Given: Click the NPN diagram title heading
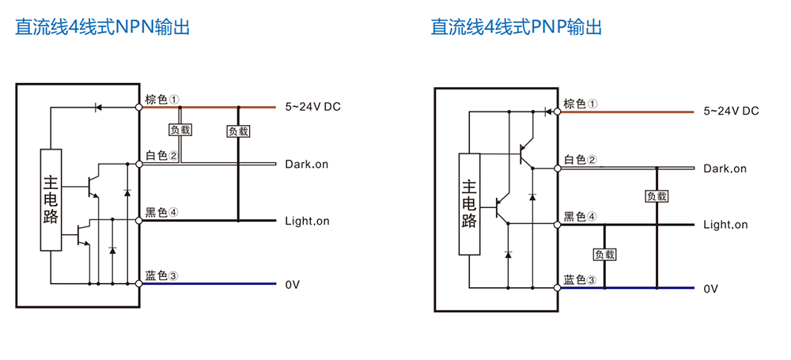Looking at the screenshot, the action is click(102, 27).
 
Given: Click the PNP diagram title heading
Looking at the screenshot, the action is click(516, 27).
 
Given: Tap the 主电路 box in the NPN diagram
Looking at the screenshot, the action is click(51, 200).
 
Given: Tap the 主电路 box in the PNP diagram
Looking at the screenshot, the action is click(469, 204).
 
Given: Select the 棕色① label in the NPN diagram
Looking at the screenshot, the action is click(162, 100).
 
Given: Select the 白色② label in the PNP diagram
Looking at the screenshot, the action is click(580, 160).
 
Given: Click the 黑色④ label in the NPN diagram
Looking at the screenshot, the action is click(162, 213).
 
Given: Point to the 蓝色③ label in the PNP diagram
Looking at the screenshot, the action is click(580, 280).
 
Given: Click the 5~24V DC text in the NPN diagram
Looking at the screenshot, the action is click(312, 107).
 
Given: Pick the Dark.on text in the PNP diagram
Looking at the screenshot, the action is click(725, 169).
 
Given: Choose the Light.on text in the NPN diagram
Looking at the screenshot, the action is click(307, 222).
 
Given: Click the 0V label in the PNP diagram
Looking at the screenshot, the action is click(711, 289).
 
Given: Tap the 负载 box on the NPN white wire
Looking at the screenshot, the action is click(180, 130).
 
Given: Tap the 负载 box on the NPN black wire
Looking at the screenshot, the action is click(238, 131).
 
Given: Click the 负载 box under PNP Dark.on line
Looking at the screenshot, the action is click(657, 196).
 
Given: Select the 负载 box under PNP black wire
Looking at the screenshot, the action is click(605, 254).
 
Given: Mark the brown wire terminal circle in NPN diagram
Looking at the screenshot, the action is click(138, 107).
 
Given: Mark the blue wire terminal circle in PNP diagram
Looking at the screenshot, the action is click(557, 288).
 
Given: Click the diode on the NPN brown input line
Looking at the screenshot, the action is click(98, 107).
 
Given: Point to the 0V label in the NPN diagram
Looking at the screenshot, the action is click(293, 284).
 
